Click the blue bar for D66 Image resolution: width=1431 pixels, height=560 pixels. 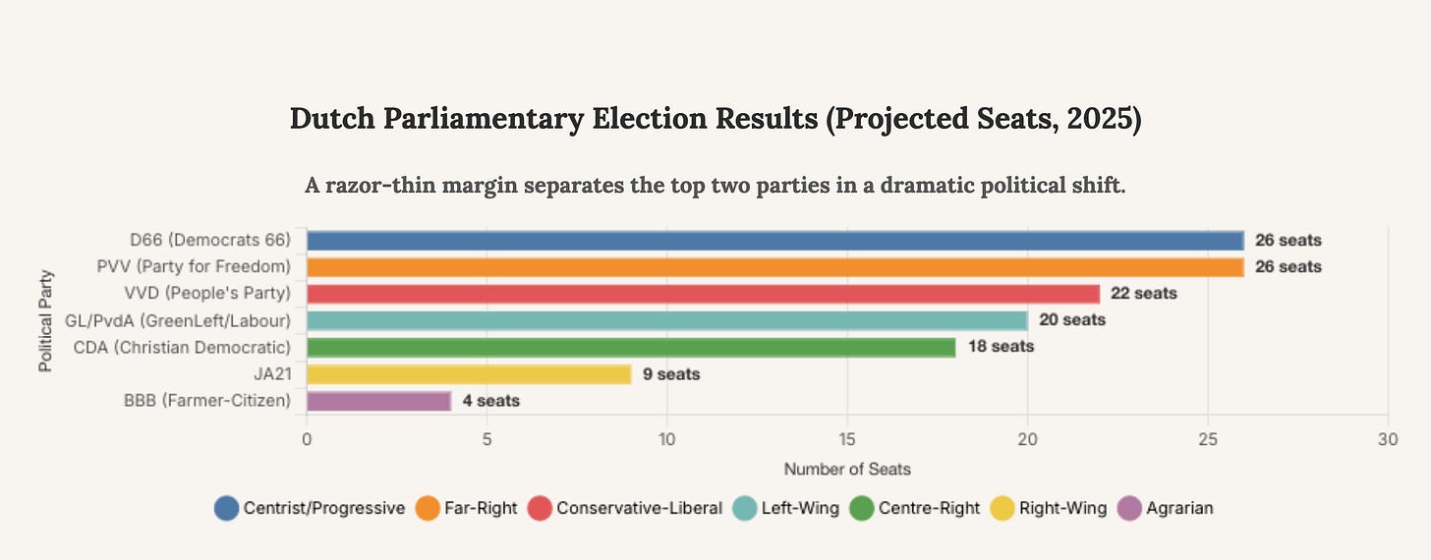tap(774, 240)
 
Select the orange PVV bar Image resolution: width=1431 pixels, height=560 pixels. tap(774, 266)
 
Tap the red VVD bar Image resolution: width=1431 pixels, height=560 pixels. tap(703, 294)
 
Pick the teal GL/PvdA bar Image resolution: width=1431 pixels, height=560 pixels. tap(666, 320)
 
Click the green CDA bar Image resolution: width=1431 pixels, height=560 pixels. tap(630, 347)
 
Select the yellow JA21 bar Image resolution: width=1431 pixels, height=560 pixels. tap(469, 374)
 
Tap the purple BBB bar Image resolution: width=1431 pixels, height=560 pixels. tap(378, 401)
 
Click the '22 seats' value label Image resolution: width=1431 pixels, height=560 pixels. tap(1143, 294)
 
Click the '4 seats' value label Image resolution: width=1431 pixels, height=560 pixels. tap(491, 401)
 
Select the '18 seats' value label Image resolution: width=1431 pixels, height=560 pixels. tap(1001, 347)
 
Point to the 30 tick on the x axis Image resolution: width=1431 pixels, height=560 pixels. tap(1387, 441)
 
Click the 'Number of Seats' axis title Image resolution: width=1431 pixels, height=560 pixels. tap(847, 470)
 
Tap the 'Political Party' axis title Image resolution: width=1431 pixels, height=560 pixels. tap(45, 320)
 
